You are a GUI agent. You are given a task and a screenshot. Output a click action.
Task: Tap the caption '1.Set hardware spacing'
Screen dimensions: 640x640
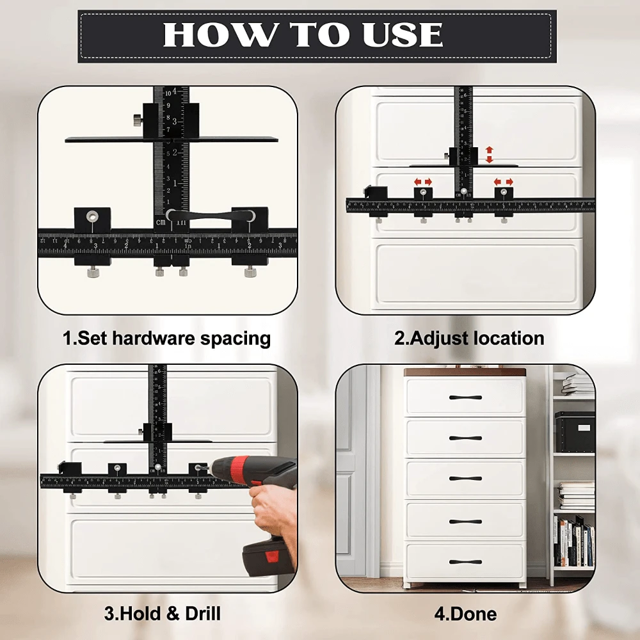[166, 338]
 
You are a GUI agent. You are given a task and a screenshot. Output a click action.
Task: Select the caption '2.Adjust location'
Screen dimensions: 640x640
[468, 338]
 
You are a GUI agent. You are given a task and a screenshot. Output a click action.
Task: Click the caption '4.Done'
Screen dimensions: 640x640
[465, 614]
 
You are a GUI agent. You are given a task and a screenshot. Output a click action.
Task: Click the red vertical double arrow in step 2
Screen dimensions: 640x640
[490, 154]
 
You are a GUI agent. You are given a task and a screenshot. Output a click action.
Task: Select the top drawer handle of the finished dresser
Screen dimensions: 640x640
[465, 397]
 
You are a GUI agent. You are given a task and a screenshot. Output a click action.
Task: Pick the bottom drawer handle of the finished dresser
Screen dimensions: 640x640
[465, 563]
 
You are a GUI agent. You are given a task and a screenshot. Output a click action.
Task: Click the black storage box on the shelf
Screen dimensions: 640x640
[574, 432]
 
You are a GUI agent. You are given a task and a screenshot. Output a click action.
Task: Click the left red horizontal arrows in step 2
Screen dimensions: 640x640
[423, 182]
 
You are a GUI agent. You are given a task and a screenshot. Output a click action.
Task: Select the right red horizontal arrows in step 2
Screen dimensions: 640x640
[504, 182]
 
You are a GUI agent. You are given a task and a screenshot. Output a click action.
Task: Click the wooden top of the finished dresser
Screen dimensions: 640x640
[465, 372]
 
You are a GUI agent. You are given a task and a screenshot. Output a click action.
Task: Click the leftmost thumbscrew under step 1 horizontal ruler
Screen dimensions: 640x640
[92, 273]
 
